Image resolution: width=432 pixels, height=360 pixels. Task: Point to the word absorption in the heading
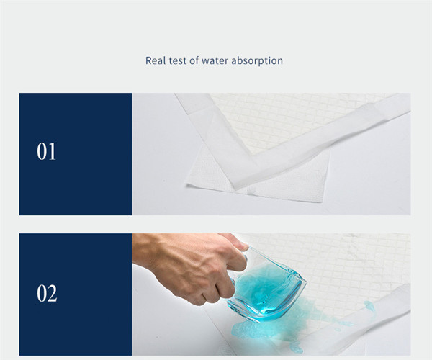pos(257,61)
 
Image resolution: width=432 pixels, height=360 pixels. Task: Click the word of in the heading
pos(194,60)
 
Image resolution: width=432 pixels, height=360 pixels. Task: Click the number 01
pos(46,151)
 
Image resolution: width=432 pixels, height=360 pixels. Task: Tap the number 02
pos(47,293)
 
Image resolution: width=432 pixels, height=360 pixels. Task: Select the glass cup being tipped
pos(266,285)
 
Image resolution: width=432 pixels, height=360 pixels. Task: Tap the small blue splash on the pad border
pos(370,306)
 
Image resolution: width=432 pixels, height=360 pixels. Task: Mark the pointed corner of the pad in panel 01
pos(235,189)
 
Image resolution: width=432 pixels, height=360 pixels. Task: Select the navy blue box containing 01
pos(76,154)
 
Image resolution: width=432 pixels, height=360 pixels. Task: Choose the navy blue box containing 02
pos(76,294)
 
